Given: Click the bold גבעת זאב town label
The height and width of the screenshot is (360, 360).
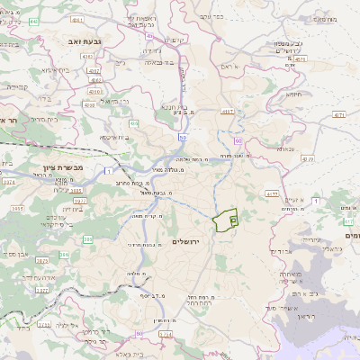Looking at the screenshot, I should [76, 41].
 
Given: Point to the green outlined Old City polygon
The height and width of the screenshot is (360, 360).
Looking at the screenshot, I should [225, 217].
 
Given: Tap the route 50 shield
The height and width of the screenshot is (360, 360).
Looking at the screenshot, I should [182, 138].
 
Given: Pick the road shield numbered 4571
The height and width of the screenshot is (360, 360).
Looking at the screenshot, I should [338, 116].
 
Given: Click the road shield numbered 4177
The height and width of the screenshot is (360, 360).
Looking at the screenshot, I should [273, 194].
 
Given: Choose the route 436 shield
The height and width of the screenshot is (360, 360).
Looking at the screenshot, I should [135, 123].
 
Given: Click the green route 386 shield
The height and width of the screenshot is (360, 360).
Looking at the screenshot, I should [88, 240].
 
